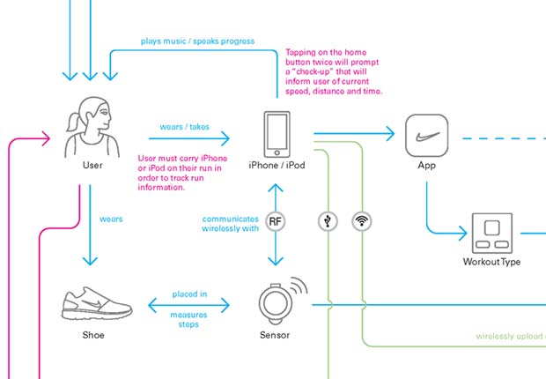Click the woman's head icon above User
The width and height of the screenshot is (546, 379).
point(88,124)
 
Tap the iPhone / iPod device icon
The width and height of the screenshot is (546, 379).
point(277,133)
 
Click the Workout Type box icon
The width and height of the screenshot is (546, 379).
point(492,233)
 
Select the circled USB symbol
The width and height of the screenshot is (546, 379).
point(327,220)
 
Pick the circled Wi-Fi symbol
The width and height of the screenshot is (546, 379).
point(360,220)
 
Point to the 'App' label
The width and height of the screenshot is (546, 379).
point(427,166)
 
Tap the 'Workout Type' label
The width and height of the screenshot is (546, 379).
point(492,262)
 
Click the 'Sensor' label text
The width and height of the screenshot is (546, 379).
point(276,335)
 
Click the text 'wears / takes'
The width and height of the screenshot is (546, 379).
point(184,126)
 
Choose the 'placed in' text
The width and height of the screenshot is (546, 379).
point(189,294)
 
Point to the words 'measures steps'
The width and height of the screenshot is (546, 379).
point(189,318)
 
